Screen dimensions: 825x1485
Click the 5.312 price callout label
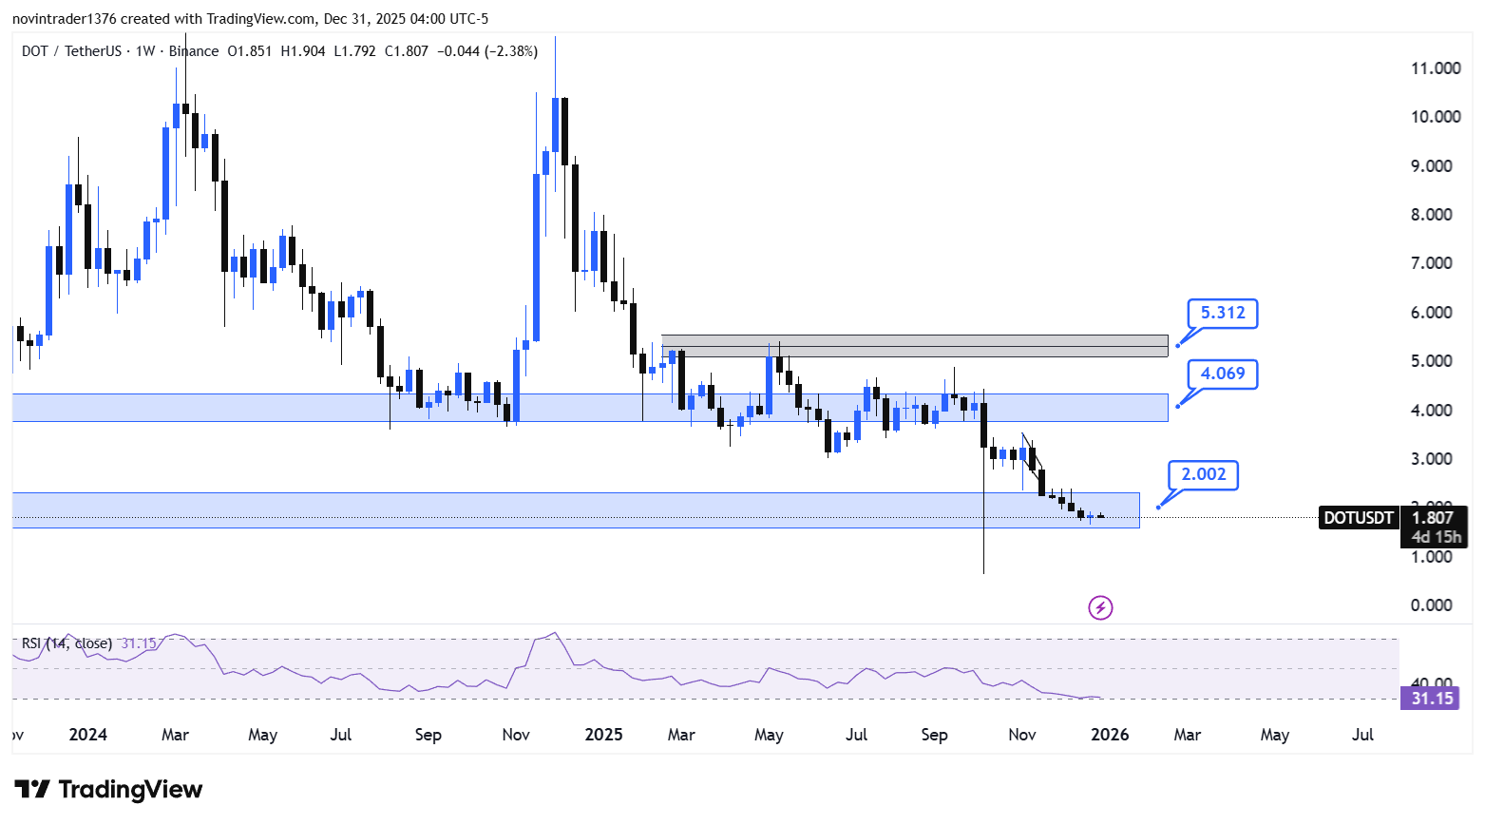pyautogui.click(x=1222, y=313)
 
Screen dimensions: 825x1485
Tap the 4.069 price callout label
pyautogui.click(x=1222, y=374)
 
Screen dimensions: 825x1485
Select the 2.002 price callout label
pyautogui.click(x=1203, y=474)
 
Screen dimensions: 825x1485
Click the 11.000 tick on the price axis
pyautogui.click(x=1436, y=68)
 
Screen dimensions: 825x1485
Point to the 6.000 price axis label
pyautogui.click(x=1431, y=313)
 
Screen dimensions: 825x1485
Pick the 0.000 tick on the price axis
pyautogui.click(x=1431, y=605)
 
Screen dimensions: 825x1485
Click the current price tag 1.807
pyautogui.click(x=1433, y=518)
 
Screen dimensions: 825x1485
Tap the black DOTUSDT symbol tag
pyautogui.click(x=1359, y=518)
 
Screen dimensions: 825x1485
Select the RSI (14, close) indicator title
pyautogui.click(x=67, y=643)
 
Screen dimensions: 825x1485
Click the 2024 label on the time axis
pyautogui.click(x=88, y=735)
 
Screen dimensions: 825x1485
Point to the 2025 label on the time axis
pyautogui.click(x=603, y=735)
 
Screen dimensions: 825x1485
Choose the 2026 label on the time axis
pyautogui.click(x=1110, y=735)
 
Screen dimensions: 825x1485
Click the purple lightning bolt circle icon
pyautogui.click(x=1100, y=607)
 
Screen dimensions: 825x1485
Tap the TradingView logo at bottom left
pyautogui.click(x=108, y=790)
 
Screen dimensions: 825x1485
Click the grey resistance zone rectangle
pyautogui.click(x=914, y=346)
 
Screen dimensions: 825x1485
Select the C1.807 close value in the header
pyautogui.click(x=406, y=51)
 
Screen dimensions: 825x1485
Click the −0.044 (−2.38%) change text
pyautogui.click(x=487, y=51)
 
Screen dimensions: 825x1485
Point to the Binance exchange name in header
pyautogui.click(x=194, y=51)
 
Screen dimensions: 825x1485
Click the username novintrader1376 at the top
pyautogui.click(x=64, y=19)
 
